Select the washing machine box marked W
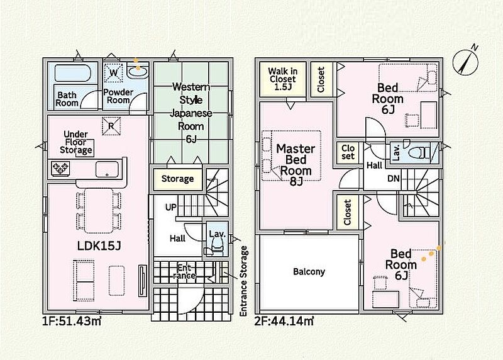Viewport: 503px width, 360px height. [113, 73]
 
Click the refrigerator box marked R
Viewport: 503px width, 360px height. [111, 126]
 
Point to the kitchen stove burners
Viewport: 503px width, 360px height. [60, 168]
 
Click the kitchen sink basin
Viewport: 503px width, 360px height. [107, 169]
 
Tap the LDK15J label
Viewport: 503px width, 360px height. [99, 246]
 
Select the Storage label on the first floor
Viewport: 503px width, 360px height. [177, 179]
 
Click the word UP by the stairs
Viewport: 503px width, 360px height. [171, 208]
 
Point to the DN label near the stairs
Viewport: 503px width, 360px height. [394, 179]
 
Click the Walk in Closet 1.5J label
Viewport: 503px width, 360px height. [282, 79]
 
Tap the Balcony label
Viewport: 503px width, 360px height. [309, 272]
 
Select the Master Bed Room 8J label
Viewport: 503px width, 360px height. [296, 165]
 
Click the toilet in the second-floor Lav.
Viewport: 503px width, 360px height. [417, 152]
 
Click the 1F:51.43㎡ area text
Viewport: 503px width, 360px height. [72, 320]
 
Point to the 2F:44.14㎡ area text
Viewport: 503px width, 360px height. [284, 320]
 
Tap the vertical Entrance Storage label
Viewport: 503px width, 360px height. [244, 281]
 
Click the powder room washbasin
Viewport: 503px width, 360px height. [138, 71]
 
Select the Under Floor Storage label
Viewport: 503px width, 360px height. [75, 142]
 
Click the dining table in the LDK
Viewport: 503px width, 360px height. [99, 211]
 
